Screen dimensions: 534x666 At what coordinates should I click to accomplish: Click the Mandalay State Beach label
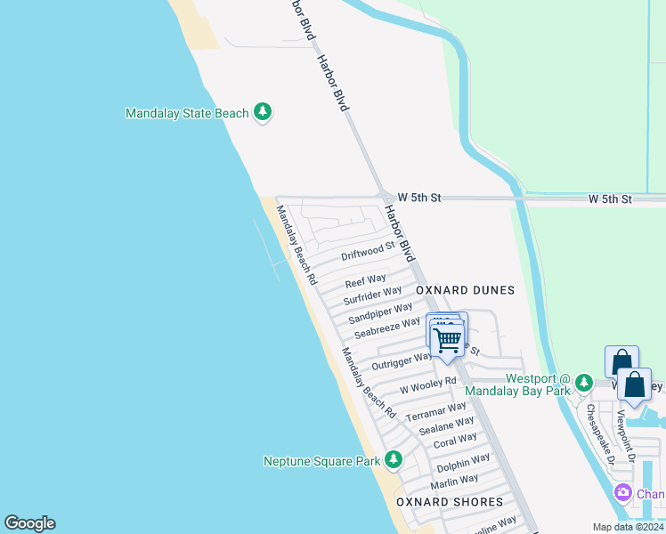pos(187,113)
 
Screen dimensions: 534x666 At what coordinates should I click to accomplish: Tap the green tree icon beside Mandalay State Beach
pos(263,112)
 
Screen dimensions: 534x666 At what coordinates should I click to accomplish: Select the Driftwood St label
pos(368,250)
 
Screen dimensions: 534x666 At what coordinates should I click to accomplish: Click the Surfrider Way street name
pos(372,295)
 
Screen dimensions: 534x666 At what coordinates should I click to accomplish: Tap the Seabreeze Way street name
pos(386,328)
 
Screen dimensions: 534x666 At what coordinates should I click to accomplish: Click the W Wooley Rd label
pos(427,385)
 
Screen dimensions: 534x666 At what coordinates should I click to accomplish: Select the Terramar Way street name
pos(435,412)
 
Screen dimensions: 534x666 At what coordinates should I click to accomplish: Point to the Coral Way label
pos(454,441)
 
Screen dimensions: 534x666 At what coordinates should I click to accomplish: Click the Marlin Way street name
pos(454,481)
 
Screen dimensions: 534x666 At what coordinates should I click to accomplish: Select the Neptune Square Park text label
pos(321,461)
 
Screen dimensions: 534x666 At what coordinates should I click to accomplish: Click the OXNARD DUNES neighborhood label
pos(464,290)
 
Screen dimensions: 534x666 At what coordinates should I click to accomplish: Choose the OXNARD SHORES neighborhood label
pos(450,502)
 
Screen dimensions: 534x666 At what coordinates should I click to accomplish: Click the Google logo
pos(29,523)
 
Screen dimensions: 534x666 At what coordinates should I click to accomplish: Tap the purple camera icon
pos(623,493)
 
